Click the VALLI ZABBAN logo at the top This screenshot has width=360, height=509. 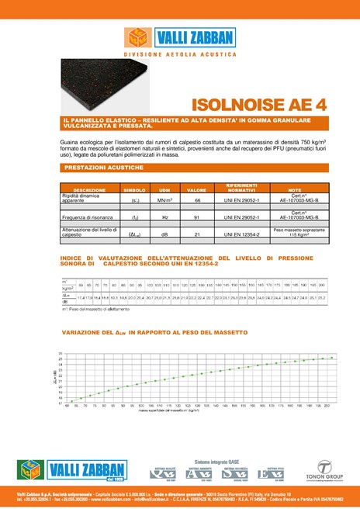tap(179, 39)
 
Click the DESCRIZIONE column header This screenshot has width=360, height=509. tap(89, 190)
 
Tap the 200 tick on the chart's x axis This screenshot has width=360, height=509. tap(328, 405)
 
